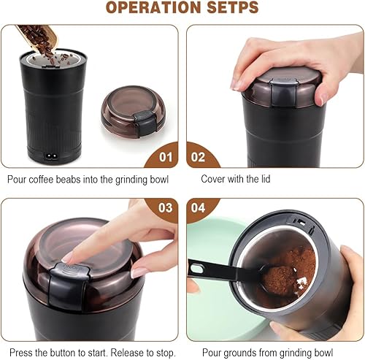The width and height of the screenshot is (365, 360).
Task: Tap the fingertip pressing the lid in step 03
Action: pyautogui.click(x=69, y=257)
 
